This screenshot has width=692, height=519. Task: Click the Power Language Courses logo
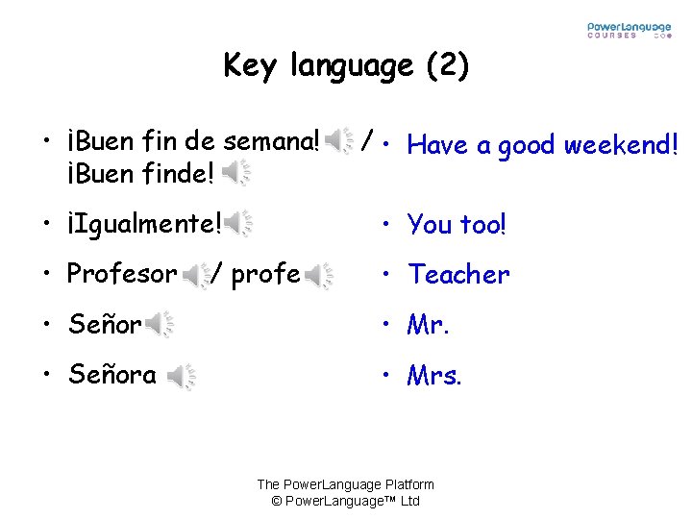point(630,30)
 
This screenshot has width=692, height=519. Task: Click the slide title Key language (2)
point(346,65)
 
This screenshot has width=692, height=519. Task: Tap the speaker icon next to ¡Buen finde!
point(236,174)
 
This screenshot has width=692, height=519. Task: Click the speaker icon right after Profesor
point(196,276)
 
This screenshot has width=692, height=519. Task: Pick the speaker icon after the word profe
point(319,276)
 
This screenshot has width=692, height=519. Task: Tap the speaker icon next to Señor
point(159,326)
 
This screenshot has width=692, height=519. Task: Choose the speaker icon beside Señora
point(182,377)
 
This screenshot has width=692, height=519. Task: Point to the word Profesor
point(122,275)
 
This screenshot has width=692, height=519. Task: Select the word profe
point(266,275)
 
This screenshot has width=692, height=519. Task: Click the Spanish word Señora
point(112,375)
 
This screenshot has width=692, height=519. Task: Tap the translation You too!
point(457,225)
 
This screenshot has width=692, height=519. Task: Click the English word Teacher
point(458,275)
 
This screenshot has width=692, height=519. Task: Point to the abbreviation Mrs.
point(434,375)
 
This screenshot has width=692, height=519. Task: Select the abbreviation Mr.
point(429,325)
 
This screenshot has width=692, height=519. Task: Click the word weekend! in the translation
point(622,145)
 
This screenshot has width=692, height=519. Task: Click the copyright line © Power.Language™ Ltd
point(345,501)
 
